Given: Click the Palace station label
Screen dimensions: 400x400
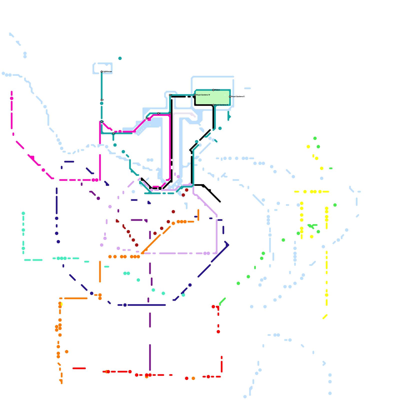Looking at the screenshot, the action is coord(217,90).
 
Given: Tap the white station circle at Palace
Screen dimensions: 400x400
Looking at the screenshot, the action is coord(213,90).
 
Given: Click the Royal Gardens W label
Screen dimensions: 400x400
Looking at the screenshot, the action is coord(203,95).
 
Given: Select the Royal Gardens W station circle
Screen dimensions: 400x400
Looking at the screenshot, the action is coord(195,95).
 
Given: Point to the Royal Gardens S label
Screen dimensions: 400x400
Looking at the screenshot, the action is coord(221,105).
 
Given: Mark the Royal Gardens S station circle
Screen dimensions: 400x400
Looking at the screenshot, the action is coord(213,105).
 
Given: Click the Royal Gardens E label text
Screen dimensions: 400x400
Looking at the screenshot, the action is coord(238,96).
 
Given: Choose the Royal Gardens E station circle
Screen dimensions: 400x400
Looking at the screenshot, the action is coord(230,97).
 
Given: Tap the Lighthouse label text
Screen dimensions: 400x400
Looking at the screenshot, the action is coord(107,72).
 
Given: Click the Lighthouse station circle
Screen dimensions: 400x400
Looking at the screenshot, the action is coord(101,72).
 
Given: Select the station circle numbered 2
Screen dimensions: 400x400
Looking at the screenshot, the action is coord(101,100).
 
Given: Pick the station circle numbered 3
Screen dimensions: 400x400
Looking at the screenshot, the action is coord(101,122).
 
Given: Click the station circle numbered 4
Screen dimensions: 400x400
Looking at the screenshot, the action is coord(113,133).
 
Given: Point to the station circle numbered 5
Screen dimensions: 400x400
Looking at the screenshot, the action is coord(146,118).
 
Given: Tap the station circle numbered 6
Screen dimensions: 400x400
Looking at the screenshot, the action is coord(158,113).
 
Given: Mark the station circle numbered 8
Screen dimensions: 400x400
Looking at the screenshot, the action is coord(170,95).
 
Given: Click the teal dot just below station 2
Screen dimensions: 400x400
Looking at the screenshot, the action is coord(101,103).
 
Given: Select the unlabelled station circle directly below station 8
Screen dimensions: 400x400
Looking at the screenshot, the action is coord(170,113).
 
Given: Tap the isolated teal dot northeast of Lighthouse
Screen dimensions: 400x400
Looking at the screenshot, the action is coord(120,58).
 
